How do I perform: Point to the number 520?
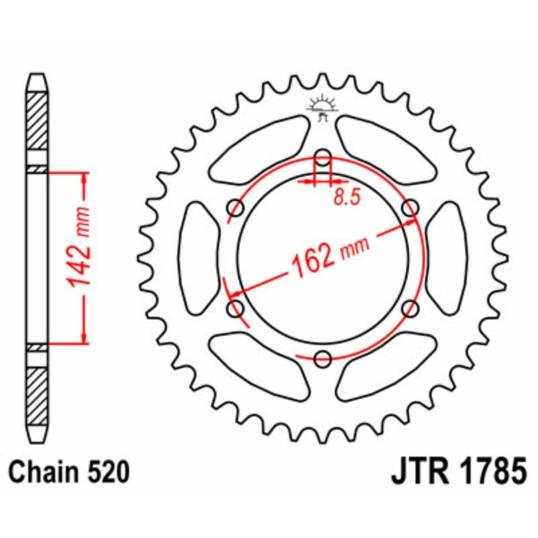107,473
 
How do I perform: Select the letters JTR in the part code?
417,473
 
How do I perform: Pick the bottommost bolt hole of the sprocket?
323,358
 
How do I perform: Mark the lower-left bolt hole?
236,309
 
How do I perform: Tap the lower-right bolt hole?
409,309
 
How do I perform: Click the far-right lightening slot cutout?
445,258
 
